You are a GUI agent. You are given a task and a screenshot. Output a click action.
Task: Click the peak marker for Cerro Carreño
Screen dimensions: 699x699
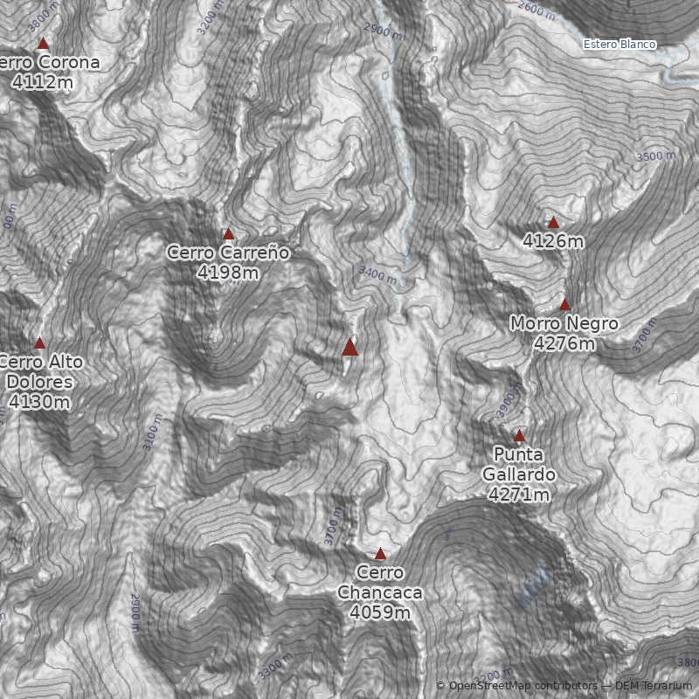pyautogui.click(x=229, y=233)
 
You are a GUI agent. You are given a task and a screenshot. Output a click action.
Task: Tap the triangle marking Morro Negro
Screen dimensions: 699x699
pyautogui.click(x=564, y=305)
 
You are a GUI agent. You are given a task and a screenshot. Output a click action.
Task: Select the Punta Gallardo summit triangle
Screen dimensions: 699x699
pyautogui.click(x=519, y=436)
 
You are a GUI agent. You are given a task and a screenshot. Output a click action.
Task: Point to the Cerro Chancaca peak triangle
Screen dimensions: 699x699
pyautogui.click(x=380, y=553)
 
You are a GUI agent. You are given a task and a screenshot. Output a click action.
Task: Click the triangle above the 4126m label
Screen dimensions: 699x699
pyautogui.click(x=553, y=223)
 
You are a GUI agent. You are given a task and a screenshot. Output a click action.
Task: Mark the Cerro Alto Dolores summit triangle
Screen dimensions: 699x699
pyautogui.click(x=39, y=343)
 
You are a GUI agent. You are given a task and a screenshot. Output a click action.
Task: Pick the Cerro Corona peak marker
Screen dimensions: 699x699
pyautogui.click(x=42, y=43)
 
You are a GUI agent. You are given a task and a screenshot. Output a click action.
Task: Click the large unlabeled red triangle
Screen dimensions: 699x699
pyautogui.click(x=349, y=347)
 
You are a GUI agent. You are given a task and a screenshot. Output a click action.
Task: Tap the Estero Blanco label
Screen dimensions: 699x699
pyautogui.click(x=619, y=45)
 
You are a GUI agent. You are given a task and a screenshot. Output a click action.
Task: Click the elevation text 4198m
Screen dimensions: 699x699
pyautogui.click(x=228, y=273)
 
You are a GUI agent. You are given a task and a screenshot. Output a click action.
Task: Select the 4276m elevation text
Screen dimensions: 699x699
pyautogui.click(x=564, y=343)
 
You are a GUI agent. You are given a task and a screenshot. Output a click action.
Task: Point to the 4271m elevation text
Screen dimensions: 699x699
pyautogui.click(x=519, y=495)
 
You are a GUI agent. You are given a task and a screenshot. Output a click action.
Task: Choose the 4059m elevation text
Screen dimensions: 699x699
pyautogui.click(x=380, y=612)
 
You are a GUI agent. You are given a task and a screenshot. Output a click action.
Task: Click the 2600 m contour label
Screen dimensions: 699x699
pyautogui.click(x=536, y=11)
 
